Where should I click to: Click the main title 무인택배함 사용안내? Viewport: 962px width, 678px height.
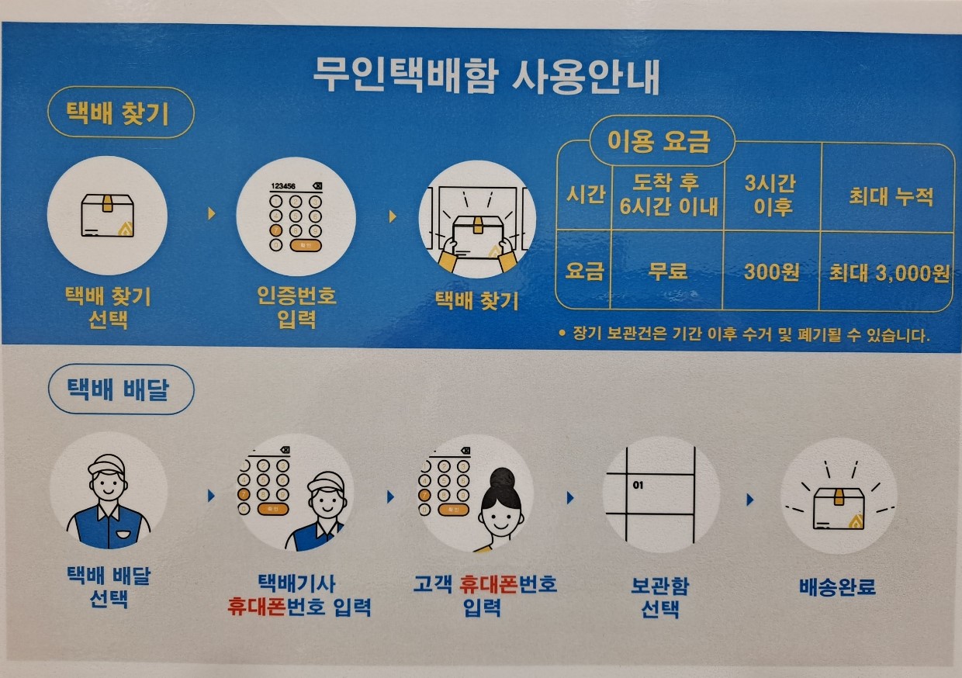486,77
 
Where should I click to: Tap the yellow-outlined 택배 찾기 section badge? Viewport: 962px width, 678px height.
121,112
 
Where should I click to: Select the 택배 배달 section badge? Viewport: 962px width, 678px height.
121,389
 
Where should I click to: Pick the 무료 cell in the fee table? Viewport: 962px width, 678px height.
667,272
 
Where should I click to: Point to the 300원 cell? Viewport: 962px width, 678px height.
771,272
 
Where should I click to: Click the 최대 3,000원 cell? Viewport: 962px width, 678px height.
888,273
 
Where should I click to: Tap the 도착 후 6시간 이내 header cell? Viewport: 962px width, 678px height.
668,195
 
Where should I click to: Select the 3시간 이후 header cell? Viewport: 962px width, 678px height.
771,195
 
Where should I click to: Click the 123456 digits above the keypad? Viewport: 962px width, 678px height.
283,186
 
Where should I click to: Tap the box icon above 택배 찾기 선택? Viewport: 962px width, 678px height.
107,216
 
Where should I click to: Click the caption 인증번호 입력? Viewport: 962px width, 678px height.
296,307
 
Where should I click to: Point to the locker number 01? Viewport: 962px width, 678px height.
638,485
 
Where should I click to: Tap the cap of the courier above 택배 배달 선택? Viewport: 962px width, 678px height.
106,465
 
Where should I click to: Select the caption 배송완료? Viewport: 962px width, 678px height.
837,586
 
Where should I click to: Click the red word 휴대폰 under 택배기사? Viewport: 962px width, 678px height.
256,607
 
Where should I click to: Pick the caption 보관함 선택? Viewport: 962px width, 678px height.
659,597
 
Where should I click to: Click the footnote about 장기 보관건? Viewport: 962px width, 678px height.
744,334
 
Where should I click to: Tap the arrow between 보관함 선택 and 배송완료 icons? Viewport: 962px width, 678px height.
750,500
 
